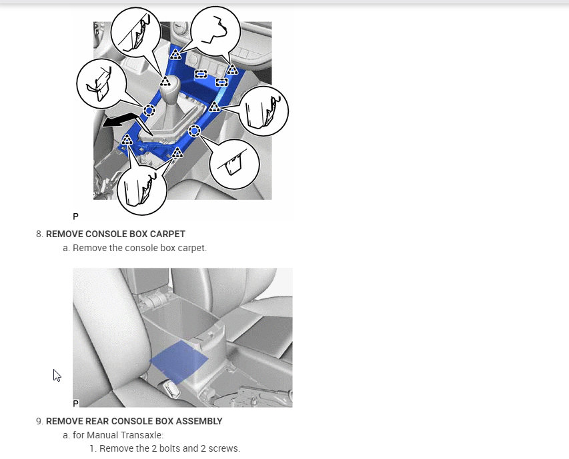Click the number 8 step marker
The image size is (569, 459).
[x=39, y=234]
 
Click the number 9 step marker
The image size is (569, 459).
[x=39, y=421]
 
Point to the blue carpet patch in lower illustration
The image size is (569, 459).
[x=179, y=362]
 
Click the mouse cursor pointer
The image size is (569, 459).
[x=57, y=375]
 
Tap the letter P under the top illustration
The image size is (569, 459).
[x=75, y=217]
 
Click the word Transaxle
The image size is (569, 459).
[x=142, y=435]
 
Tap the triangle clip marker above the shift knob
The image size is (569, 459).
[x=165, y=81]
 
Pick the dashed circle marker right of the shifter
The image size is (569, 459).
[x=195, y=131]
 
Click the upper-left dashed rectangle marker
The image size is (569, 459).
[x=201, y=74]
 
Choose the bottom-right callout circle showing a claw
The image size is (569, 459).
[x=235, y=164]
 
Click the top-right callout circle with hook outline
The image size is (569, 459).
[x=215, y=31]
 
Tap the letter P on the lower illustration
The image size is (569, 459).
[x=75, y=403]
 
